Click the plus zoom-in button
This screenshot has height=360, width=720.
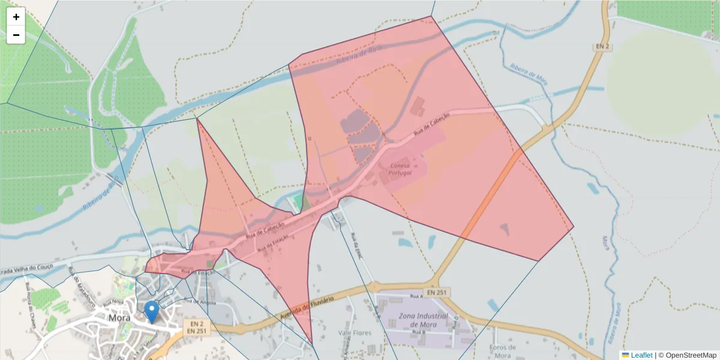point(16,17)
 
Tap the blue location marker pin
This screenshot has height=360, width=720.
point(152,311)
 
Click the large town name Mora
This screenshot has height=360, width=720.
point(121,317)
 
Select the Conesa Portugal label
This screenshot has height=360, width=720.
point(400,169)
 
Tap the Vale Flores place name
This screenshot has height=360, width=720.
point(355,332)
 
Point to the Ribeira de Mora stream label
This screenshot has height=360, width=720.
point(529,73)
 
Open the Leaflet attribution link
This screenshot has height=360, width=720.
point(641,355)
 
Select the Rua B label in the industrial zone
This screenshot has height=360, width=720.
point(418,331)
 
